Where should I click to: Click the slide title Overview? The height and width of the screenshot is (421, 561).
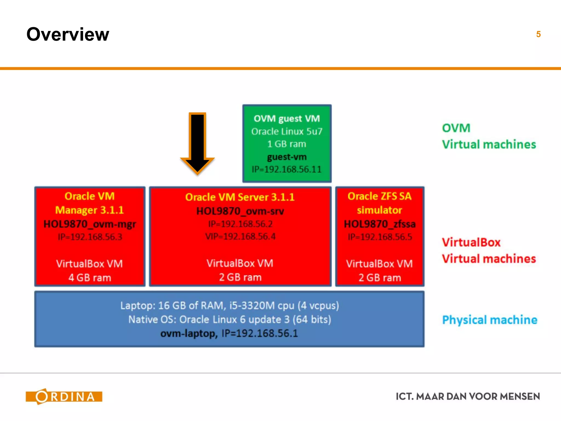pos(68,35)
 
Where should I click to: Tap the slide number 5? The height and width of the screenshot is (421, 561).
pos(538,34)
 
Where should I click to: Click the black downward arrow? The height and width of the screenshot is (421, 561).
pos(197,143)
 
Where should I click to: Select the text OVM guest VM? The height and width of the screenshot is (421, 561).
pos(287,119)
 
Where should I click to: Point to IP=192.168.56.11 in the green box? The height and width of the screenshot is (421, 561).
pos(287,169)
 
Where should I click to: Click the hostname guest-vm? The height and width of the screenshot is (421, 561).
pos(287,157)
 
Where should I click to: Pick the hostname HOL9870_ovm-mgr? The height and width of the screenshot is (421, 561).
pos(90,224)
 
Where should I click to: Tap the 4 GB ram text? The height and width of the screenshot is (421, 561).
pos(90,278)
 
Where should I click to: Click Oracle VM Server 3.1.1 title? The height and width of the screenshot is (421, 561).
pos(240,197)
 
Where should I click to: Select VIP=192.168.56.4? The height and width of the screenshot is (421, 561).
pos(240,236)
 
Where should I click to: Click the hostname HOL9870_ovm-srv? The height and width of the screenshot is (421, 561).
pos(240,211)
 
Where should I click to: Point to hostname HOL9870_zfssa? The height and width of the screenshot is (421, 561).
pos(380,224)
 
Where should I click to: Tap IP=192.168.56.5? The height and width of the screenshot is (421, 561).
pos(380,237)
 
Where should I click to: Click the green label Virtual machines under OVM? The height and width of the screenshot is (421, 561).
pos(489,144)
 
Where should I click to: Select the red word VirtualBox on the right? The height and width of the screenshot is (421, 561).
pos(471,242)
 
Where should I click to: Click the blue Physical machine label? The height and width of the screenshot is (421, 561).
pos(490,320)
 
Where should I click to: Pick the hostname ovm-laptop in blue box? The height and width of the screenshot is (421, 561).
pos(189,334)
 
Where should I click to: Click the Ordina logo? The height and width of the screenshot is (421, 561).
pos(64,396)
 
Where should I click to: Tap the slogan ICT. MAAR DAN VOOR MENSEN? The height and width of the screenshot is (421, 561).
pos(468,396)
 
